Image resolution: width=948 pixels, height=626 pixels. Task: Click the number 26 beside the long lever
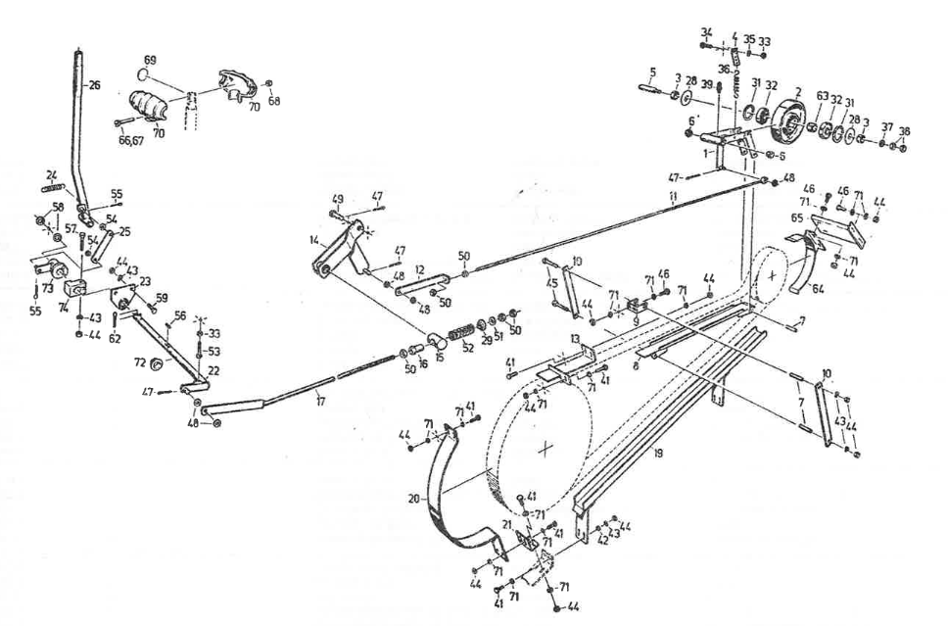(94, 84)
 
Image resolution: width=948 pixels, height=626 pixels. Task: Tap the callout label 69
(150, 60)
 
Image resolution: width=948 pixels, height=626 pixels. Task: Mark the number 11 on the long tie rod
(673, 197)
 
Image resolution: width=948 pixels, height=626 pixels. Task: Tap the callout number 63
(821, 99)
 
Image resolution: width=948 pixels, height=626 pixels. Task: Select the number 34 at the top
(706, 32)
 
